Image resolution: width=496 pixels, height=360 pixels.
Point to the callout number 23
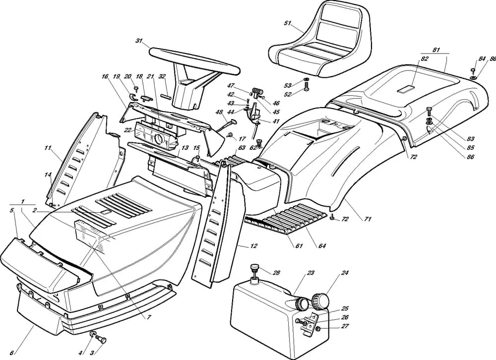311,273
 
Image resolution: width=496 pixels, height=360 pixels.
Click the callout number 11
48,148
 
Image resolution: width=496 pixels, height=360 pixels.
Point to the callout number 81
436,50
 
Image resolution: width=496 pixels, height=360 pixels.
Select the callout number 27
345,326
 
